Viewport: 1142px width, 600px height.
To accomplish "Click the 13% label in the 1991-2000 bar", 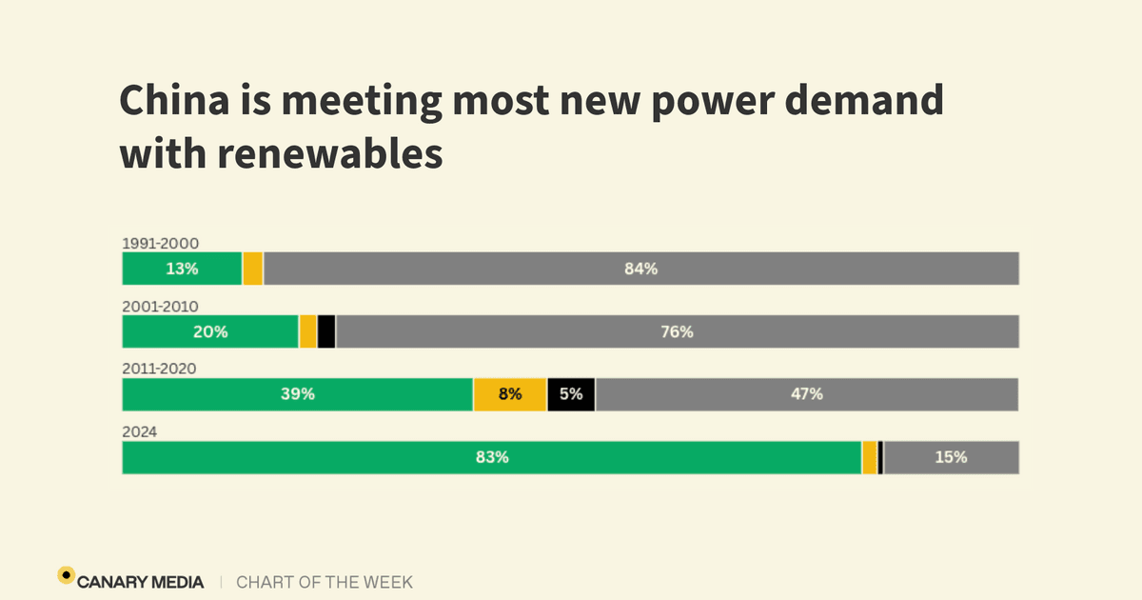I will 182,269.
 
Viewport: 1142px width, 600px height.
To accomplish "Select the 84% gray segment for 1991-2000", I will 640,269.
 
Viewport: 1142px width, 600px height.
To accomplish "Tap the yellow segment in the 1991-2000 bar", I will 252,269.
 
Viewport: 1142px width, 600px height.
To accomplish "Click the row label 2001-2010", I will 160,306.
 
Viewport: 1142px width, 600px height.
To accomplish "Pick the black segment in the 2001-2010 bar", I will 325,331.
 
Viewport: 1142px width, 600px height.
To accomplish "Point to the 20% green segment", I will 210,331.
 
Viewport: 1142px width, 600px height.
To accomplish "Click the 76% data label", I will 678,332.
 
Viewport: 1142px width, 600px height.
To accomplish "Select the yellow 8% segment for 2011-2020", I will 509,394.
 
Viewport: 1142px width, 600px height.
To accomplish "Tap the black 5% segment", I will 571,394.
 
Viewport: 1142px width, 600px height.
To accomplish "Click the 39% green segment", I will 297,394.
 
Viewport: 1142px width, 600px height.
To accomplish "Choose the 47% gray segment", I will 806,394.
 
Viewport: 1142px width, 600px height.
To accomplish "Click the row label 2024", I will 139,431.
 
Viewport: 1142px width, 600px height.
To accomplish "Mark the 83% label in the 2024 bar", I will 492,457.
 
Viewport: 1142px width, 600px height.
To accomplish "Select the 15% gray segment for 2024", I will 951,457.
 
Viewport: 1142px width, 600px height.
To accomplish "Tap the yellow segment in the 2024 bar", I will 869,457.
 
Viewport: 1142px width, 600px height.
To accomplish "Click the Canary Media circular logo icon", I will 66,574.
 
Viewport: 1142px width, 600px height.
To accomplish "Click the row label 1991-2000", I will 160,243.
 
